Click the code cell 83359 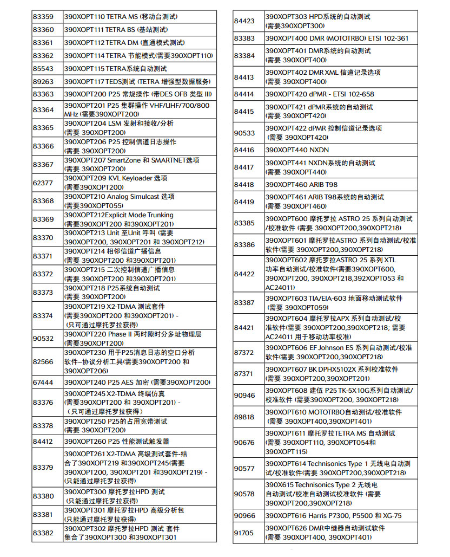43,17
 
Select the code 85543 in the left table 43,69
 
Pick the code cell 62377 43,183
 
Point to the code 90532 43,339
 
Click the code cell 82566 43,361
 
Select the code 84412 43,442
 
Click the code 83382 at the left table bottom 43,533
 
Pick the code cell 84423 244,21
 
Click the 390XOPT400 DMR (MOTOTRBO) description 341,38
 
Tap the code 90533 244,133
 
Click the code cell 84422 244,274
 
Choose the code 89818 244,417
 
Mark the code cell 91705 244,533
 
